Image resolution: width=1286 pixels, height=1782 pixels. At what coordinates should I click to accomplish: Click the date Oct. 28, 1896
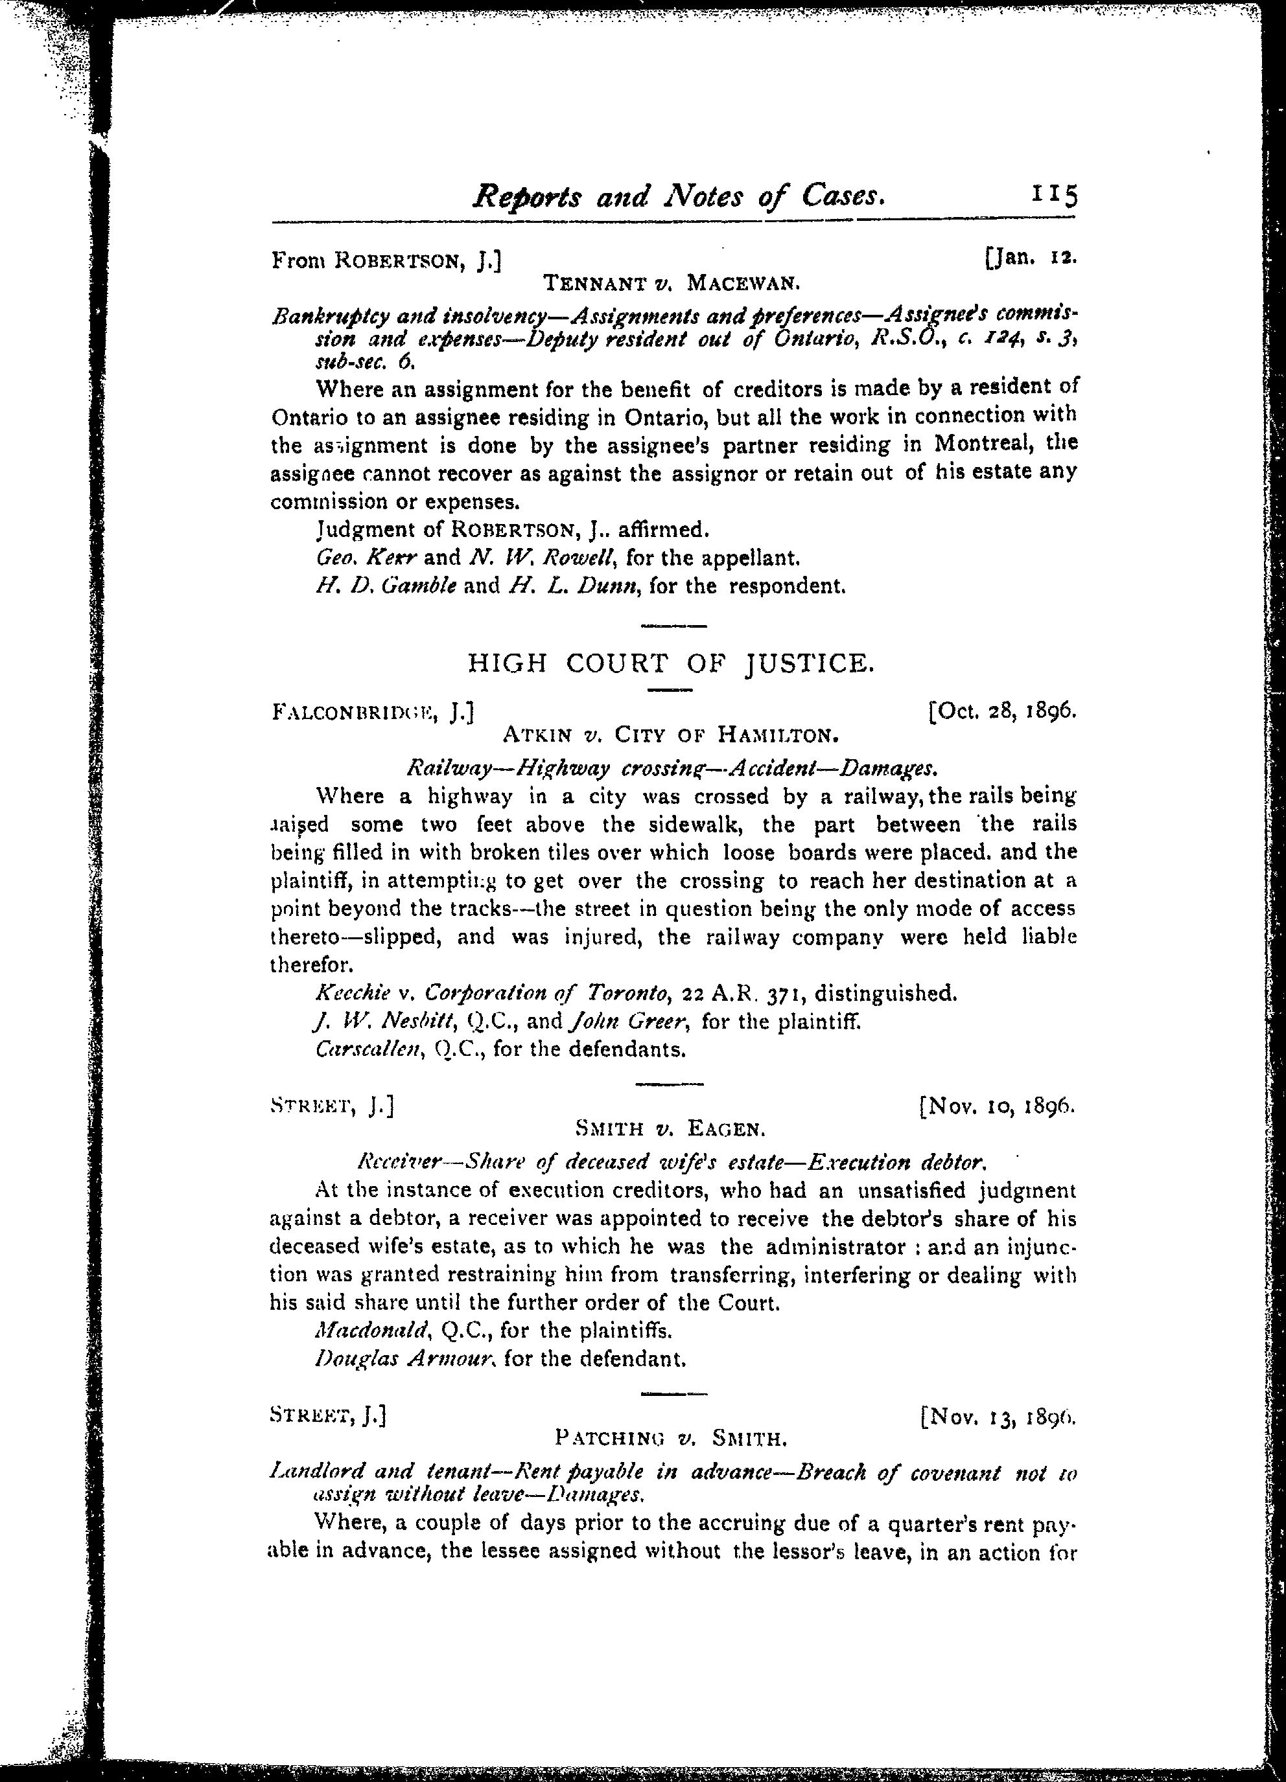pos(1003,711)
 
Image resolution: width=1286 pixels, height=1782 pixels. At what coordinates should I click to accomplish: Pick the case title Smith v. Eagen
pos(670,1130)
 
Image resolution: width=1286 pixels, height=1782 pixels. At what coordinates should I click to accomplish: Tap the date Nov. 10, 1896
pos(997,1106)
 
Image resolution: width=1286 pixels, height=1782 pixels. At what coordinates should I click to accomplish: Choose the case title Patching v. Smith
pos(670,1439)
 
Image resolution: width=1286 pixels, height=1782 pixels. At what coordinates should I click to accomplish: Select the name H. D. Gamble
pos(385,586)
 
